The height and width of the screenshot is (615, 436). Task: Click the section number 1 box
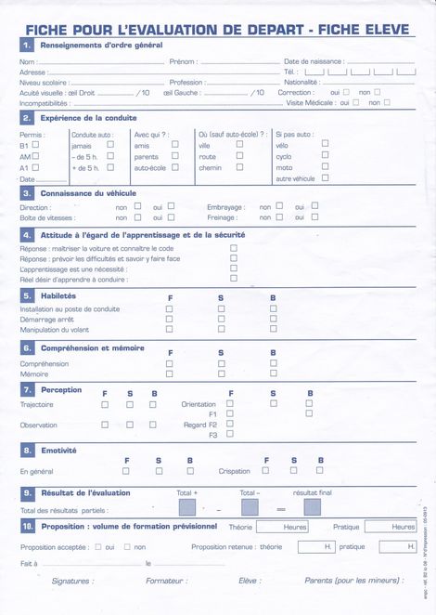point(27,45)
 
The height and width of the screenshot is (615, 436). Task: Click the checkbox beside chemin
point(239,168)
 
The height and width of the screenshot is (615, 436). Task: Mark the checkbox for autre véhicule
point(327,177)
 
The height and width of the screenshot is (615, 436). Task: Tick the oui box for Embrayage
point(314,206)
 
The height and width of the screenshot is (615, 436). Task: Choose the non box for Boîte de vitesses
point(137,217)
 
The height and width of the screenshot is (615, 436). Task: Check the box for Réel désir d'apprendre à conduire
point(234,278)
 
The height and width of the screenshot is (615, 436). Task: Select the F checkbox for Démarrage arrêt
point(169,319)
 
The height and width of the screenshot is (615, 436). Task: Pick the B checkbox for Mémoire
point(273,373)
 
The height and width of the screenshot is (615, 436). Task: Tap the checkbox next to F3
point(230,435)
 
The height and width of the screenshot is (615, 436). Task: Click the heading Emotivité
point(58,450)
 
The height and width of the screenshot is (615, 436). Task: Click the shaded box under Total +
point(187,507)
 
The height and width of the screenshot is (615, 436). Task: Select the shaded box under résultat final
point(313,507)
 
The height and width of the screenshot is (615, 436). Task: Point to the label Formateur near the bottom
point(166,581)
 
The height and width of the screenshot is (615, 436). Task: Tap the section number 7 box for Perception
point(27,390)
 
